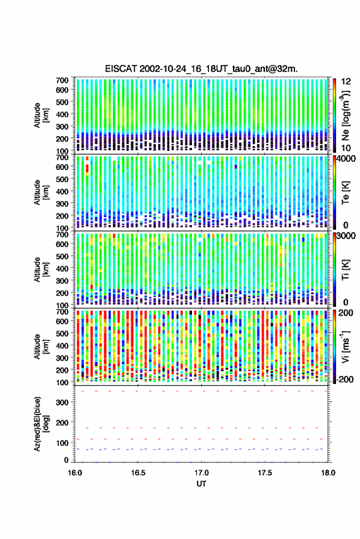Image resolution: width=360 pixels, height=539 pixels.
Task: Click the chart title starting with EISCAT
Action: tap(202, 69)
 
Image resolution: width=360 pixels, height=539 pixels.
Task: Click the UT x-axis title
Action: tap(201, 484)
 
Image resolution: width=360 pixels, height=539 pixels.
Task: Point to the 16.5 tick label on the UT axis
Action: tap(138, 473)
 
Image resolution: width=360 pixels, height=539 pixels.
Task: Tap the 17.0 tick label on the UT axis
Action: tap(202, 473)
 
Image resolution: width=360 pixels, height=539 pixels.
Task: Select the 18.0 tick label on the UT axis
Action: tap(328, 473)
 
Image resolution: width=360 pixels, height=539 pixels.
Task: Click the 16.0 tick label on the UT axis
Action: tap(75, 473)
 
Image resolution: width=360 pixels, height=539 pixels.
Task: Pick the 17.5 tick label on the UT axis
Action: tap(265, 473)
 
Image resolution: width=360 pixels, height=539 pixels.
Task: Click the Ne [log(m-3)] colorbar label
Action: tap(345, 115)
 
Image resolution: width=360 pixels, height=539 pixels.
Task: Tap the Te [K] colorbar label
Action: tap(345, 193)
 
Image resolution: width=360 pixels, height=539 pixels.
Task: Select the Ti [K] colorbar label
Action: tap(345, 270)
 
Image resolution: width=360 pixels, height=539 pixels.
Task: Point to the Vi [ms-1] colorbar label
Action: tap(345, 346)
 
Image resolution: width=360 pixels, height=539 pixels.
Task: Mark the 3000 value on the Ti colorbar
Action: tap(346, 236)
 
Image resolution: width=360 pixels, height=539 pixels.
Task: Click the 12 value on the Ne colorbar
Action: tap(346, 82)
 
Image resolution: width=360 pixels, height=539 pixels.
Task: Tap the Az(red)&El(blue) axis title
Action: tap(41, 424)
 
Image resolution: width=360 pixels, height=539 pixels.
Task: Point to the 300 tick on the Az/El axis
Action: tap(62, 402)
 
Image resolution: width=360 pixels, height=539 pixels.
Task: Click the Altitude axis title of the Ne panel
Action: tap(41, 115)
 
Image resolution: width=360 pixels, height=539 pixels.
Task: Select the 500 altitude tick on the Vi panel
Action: tap(62, 333)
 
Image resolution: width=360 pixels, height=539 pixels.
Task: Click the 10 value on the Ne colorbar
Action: tap(346, 148)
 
